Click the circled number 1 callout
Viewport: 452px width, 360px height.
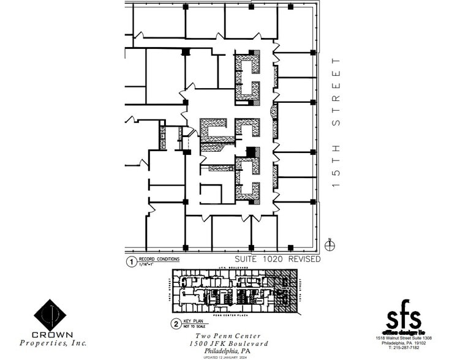130,262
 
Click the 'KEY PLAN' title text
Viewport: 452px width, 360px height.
193,321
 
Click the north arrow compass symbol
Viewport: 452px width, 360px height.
330,245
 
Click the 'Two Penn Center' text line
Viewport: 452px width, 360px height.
228,336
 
